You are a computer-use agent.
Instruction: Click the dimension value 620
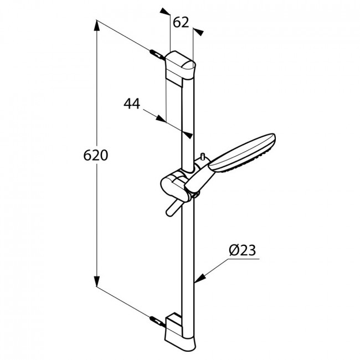pyautogui.click(x=95, y=155)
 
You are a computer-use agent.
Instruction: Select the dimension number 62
pyautogui.click(x=181, y=23)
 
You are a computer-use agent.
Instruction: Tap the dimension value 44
pyautogui.click(x=132, y=104)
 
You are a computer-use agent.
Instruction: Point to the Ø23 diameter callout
pyautogui.click(x=243, y=250)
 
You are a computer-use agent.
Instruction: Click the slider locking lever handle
pyautogui.click(x=173, y=208)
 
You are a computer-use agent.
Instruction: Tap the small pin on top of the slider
pyautogui.click(x=203, y=156)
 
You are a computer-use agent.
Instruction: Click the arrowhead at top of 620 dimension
pyautogui.click(x=97, y=25)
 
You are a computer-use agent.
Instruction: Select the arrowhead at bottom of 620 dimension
pyautogui.click(x=97, y=281)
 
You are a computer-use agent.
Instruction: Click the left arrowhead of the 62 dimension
pyautogui.click(x=165, y=12)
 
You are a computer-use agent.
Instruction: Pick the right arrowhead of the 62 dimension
pyautogui.click(x=198, y=32)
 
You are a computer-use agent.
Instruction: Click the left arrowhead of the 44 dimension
pyautogui.click(x=161, y=119)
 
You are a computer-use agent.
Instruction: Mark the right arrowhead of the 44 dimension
pyautogui.click(x=187, y=135)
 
